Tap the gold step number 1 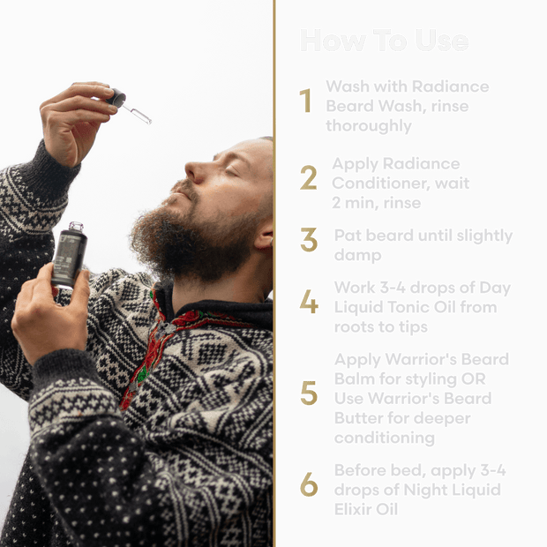click(x=306, y=101)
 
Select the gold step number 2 click(x=308, y=178)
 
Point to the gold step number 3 click(x=309, y=240)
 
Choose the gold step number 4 click(x=309, y=303)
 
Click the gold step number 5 click(x=309, y=393)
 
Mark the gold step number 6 click(x=308, y=483)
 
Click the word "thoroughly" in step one click(x=368, y=125)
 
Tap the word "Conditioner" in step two click(x=374, y=184)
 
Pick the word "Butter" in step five click(x=355, y=417)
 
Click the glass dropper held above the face click(x=131, y=107)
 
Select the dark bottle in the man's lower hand click(x=69, y=258)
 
